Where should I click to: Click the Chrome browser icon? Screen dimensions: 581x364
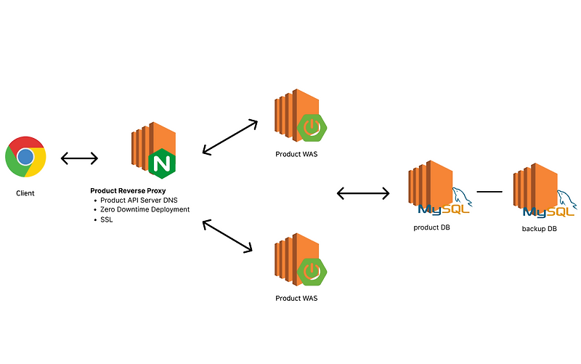(25, 157)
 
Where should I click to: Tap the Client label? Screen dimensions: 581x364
(25, 193)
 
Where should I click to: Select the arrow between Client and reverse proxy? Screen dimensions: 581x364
(79, 158)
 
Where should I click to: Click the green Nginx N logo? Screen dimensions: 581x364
(162, 163)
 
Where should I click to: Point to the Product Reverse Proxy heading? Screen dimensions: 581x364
(128, 191)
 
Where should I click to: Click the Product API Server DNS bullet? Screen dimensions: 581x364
(139, 200)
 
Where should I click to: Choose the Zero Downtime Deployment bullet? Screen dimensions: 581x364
(145, 209)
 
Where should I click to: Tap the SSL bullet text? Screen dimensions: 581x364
(106, 219)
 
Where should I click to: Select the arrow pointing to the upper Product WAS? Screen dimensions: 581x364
(230, 137)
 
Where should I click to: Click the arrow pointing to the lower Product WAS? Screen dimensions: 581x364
(227, 236)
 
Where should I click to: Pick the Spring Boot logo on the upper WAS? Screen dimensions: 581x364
(312, 127)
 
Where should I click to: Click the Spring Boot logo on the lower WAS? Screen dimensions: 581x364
(312, 271)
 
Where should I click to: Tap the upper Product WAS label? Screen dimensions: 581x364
(296, 154)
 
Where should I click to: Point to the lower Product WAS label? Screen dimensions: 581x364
(296, 299)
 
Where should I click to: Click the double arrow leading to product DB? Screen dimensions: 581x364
(363, 193)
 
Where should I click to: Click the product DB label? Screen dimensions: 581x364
(431, 227)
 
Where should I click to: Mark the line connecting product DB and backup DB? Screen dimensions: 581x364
(489, 192)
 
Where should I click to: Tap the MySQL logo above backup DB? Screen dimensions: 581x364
(550, 205)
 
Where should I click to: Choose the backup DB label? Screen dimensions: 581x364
(539, 229)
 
